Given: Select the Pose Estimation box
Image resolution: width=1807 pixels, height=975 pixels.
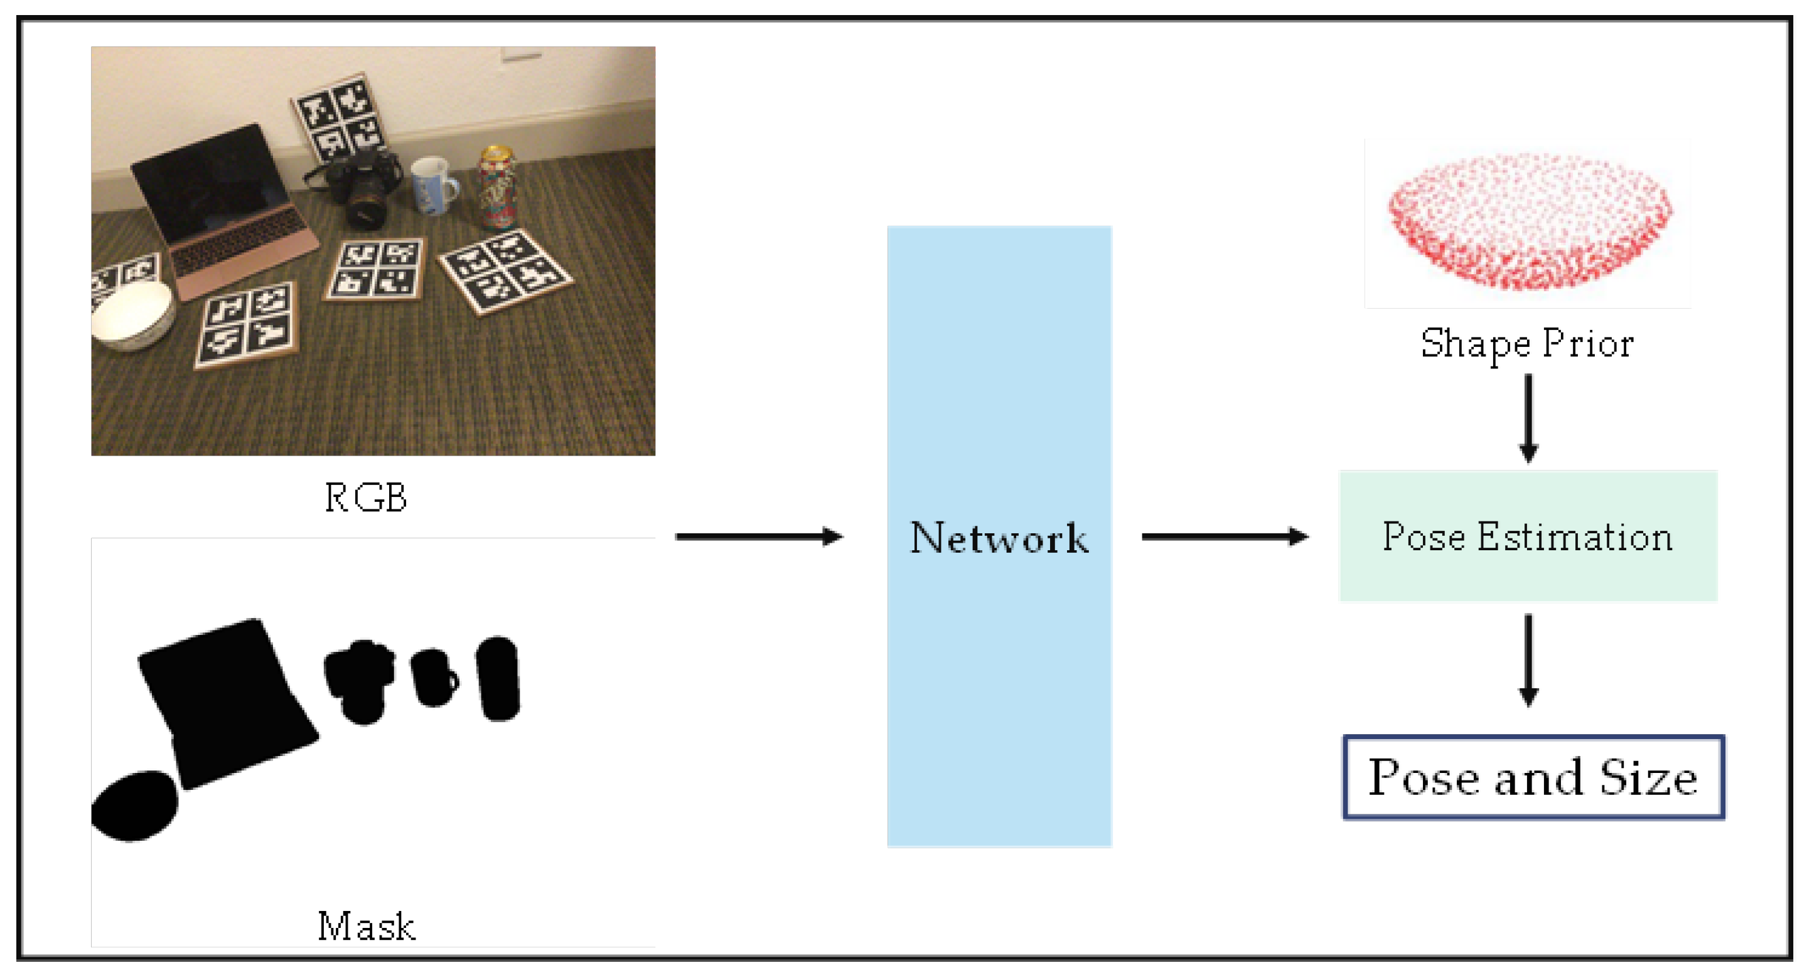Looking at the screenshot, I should coord(1527,536).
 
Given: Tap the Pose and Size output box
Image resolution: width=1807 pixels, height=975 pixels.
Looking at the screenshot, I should coord(1533,777).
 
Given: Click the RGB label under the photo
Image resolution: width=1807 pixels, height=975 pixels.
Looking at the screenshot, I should coord(365,498).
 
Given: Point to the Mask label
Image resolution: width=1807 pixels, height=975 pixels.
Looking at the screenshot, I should coord(365,926).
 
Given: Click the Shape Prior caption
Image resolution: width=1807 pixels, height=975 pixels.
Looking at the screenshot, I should coord(1527,344).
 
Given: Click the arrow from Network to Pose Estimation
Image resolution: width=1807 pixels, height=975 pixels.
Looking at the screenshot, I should coord(1225,536).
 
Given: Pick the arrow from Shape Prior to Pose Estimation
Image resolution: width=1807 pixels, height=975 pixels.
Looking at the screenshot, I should coord(1528,417).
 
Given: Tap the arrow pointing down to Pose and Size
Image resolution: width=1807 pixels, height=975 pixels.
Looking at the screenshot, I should coord(1528,659).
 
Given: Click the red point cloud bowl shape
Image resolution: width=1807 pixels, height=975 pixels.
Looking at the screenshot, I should coord(1529,221).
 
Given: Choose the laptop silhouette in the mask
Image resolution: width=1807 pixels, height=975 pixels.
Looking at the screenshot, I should coord(225,701).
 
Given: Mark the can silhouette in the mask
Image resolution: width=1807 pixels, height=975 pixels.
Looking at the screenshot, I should coord(498,678).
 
